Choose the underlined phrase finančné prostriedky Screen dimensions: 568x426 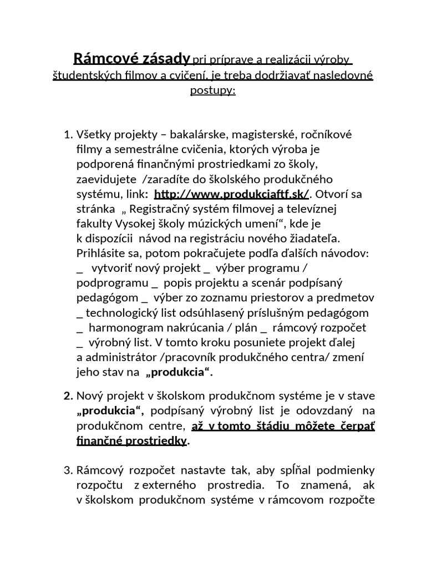point(132,441)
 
